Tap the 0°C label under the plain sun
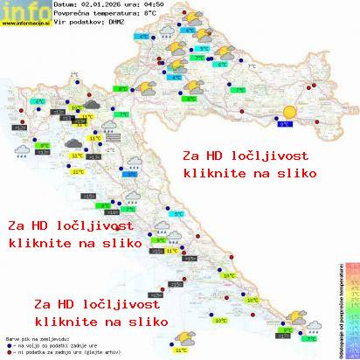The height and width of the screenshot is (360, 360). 284,125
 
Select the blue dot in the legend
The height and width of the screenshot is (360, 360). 7,344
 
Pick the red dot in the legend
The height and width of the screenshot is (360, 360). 7,351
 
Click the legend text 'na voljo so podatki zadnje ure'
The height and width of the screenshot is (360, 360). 52,344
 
